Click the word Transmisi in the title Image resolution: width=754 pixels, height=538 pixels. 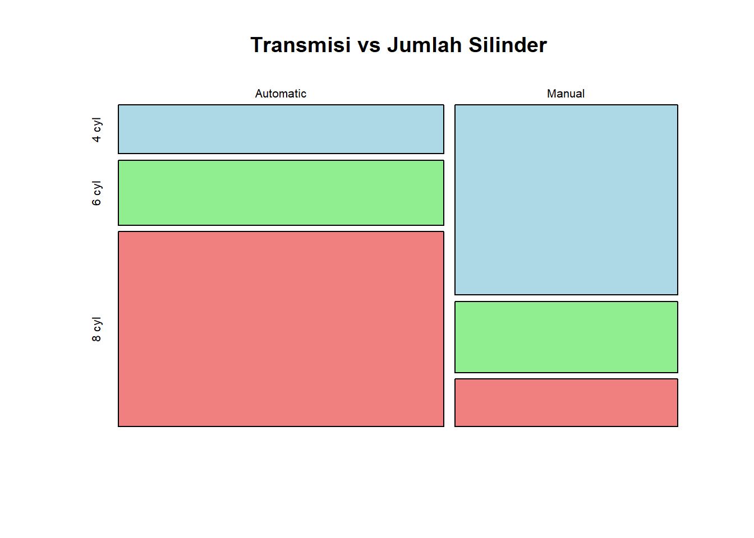301,45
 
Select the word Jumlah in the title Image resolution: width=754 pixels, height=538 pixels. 425,45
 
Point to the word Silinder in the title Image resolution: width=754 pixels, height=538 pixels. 508,45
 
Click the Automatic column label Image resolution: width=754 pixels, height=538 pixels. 281,94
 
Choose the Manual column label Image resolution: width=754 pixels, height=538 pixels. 565,94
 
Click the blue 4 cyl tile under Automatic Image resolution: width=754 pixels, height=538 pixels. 281,129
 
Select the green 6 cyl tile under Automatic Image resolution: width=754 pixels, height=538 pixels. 281,193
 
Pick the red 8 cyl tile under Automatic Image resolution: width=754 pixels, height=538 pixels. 281,329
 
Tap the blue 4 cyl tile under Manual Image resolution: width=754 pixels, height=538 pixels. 566,200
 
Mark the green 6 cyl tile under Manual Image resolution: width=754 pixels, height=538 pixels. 566,337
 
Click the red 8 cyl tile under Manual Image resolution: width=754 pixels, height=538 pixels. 566,403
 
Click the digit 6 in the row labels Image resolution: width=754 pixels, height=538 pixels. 96,202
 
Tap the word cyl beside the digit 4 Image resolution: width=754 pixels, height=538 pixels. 97,124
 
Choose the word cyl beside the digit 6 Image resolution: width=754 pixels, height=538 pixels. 97,188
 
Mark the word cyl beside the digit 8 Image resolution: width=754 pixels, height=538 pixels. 97,324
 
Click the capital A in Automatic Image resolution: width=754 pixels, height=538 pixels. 259,94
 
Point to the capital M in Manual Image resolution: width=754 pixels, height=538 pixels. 551,94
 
